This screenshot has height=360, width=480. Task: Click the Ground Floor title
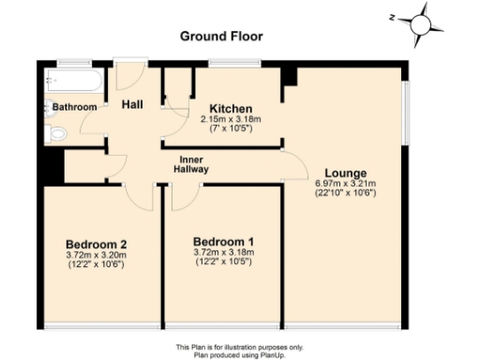tap(221, 37)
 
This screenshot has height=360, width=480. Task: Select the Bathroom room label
tap(74, 108)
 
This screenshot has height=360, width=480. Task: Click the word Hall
tap(132, 105)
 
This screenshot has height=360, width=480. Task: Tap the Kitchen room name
tap(228, 108)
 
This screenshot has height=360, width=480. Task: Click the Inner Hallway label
tap(193, 164)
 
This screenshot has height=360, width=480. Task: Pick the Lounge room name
tap(344, 172)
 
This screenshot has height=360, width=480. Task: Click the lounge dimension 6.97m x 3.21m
tap(344, 184)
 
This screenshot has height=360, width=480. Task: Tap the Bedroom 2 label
tap(96, 246)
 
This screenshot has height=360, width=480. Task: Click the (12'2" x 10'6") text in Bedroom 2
tap(96, 265)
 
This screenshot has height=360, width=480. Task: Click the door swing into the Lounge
tap(295, 167)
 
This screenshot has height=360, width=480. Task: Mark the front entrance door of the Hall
tap(130, 74)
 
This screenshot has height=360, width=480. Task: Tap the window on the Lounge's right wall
tap(405, 109)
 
